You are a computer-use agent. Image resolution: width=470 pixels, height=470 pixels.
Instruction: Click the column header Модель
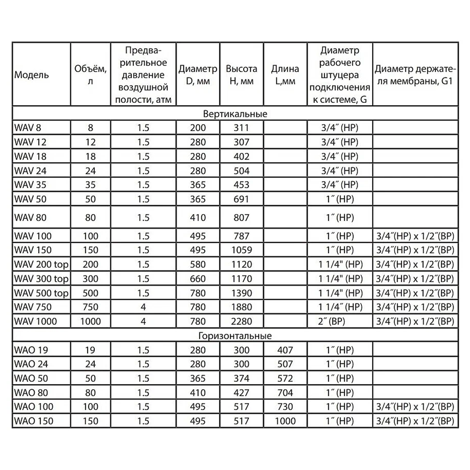coord(32,74)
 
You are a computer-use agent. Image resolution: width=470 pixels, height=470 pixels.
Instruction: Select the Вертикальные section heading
coord(235,114)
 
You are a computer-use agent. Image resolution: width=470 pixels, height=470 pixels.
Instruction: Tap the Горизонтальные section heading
coord(235,336)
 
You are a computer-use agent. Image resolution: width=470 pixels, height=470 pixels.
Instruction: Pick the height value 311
coord(242,128)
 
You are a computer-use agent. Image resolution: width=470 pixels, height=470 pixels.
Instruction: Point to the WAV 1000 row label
coord(35,322)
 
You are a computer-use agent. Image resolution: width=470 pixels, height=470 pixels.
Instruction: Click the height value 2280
coord(242,322)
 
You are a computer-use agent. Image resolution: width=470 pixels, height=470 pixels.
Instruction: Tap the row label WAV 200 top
coord(41,265)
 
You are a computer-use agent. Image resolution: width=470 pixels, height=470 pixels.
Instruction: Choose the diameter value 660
coord(198,279)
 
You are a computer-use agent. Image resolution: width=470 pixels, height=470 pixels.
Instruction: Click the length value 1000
coord(285,421)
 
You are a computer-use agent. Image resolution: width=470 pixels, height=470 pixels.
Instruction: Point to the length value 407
coord(285,350)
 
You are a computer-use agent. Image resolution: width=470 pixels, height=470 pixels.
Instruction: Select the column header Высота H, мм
coord(242,74)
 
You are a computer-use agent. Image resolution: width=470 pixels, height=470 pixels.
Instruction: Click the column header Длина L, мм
coord(285,74)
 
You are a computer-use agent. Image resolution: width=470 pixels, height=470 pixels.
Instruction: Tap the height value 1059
coord(242,250)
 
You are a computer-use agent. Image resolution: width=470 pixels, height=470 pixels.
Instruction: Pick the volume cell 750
coord(90,307)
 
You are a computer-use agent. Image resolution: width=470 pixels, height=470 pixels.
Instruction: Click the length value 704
coord(285,393)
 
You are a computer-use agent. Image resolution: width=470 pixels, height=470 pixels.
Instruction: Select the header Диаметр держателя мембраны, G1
coord(415,74)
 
